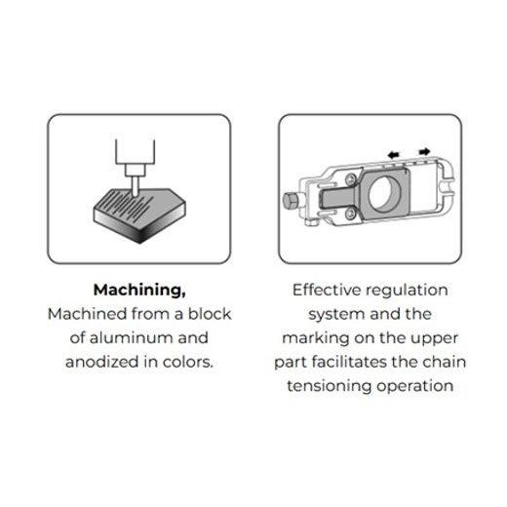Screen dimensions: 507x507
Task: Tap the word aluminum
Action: pyautogui.click(x=131, y=338)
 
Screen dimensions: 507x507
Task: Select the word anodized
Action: pyautogui.click(x=101, y=362)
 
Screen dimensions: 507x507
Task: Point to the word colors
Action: pyautogui.click(x=188, y=362)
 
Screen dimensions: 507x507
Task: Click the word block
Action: pyautogui.click(x=210, y=314)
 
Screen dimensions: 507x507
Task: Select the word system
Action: pyautogui.click(x=336, y=315)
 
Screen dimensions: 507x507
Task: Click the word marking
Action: pyautogui.click(x=315, y=338)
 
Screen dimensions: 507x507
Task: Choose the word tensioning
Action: pyautogui.click(x=329, y=387)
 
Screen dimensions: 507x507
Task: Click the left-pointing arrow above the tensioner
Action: pyautogui.click(x=394, y=155)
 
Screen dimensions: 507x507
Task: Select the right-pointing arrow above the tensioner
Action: pyautogui.click(x=424, y=151)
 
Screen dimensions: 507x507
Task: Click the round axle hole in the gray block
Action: pyautogui.click(x=385, y=194)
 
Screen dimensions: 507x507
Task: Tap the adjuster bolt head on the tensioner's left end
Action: pyautogui.click(x=290, y=201)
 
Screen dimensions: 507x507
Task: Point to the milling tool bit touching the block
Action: pyautogui.click(x=135, y=186)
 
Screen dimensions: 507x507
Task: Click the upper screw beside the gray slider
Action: pyautogui.click(x=350, y=179)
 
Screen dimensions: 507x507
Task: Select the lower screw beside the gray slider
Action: pyautogui.click(x=350, y=214)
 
